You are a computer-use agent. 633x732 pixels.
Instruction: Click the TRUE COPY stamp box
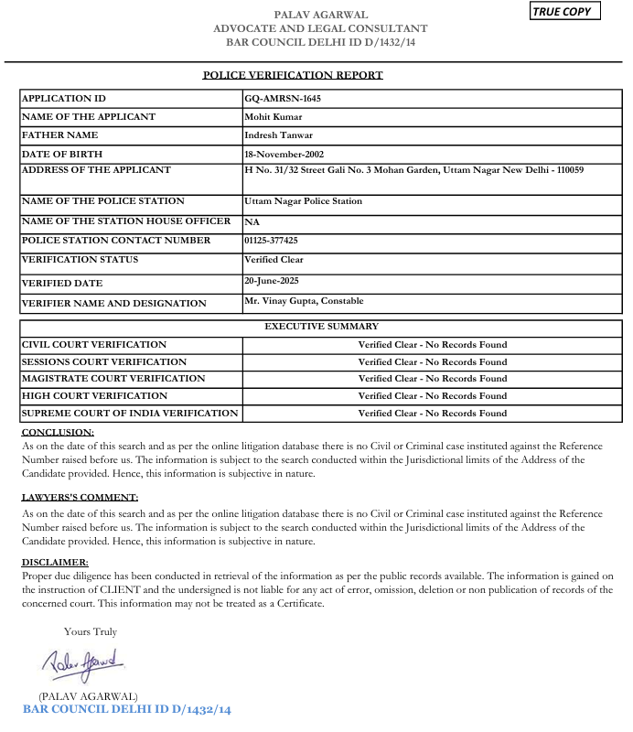tap(566, 12)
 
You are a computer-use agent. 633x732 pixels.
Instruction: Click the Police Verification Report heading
tap(293, 75)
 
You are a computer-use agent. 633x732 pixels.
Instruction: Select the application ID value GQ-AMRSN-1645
tap(283, 99)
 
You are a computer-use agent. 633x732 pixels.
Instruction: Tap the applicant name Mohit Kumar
tap(274, 117)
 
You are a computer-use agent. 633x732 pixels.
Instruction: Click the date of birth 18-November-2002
tap(284, 154)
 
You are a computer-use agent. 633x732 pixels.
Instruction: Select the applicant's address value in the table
tap(414, 170)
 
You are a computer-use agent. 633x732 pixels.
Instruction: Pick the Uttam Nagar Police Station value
tap(303, 201)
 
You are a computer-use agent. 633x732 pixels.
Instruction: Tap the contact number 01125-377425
tap(272, 241)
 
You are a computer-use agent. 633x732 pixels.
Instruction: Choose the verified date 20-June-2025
tap(272, 281)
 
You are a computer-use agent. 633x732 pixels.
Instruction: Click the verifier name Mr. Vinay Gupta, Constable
tap(304, 301)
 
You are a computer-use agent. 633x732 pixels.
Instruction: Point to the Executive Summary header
tap(321, 326)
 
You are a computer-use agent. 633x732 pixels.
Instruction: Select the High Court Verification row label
tap(95, 396)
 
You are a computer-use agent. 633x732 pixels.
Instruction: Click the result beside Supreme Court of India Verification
tap(432, 414)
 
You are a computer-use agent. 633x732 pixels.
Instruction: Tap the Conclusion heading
tap(58, 432)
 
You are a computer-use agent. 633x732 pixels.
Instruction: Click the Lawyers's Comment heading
tap(80, 497)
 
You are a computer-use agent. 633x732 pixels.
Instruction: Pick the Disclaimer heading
tap(55, 562)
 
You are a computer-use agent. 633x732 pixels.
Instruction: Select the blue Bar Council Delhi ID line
tap(127, 709)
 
